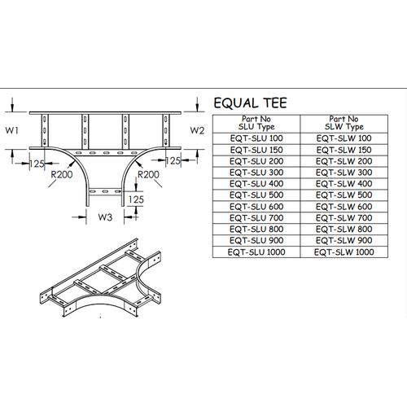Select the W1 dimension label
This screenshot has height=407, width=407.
point(11,130)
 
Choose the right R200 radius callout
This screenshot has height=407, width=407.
point(147,174)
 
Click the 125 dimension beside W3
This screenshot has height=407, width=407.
point(136,198)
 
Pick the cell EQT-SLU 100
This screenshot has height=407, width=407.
point(256,138)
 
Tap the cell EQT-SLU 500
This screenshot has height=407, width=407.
point(256,196)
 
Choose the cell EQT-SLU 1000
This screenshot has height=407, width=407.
point(256,253)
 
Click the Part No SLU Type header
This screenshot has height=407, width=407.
point(256,124)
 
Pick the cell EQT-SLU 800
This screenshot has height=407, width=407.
point(256,230)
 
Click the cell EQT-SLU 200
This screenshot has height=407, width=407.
point(256,161)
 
